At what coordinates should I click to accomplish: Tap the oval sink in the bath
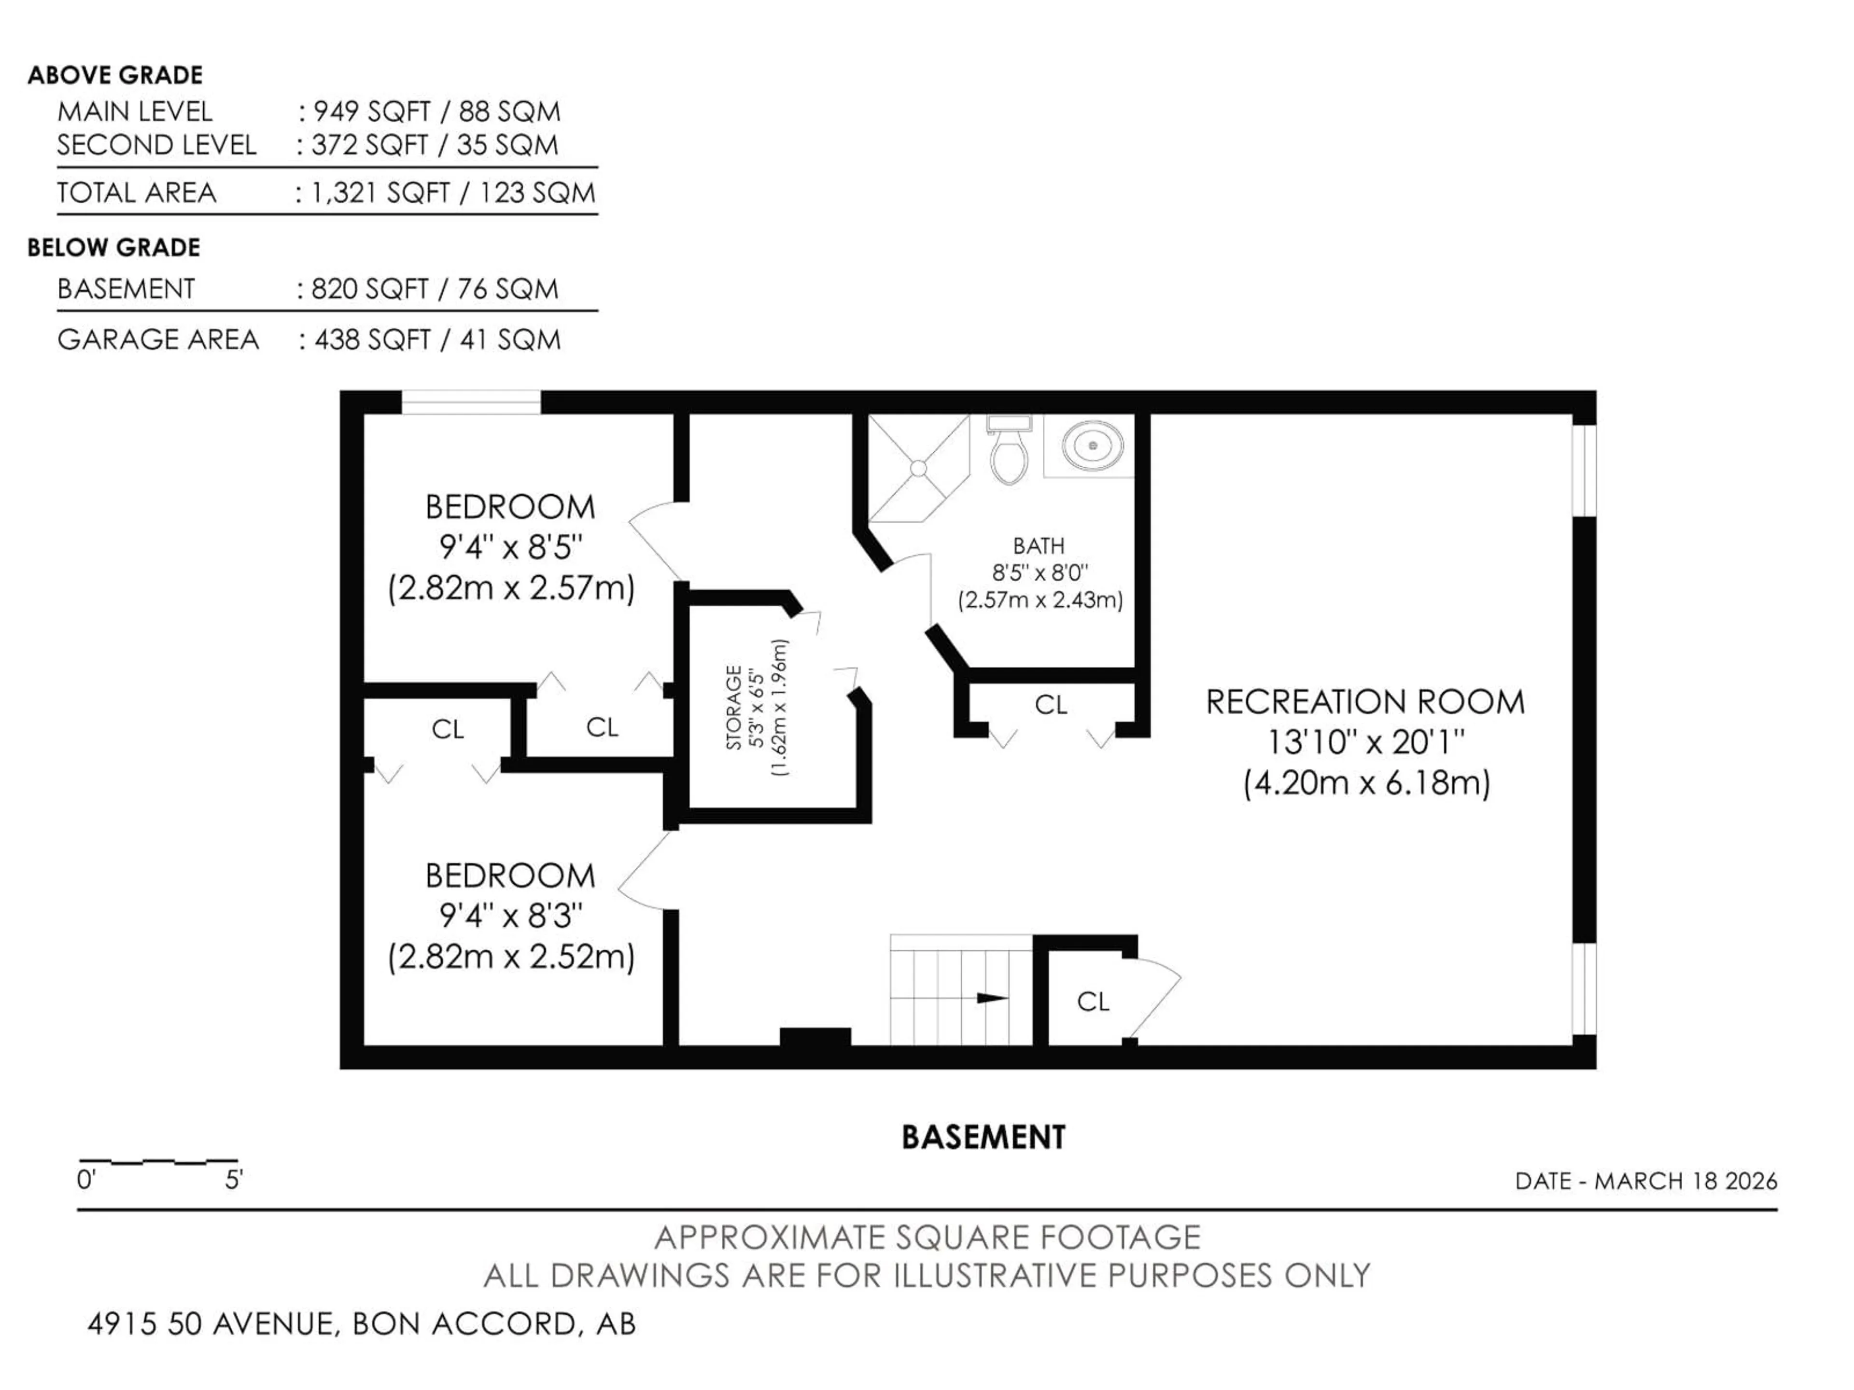pyautogui.click(x=1092, y=446)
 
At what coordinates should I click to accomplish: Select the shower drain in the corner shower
pyautogui.click(x=919, y=468)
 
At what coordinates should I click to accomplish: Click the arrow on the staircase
pyautogui.click(x=993, y=998)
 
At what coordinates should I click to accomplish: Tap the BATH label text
pyautogui.click(x=1039, y=546)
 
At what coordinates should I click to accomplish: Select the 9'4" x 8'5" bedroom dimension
pyautogui.click(x=510, y=548)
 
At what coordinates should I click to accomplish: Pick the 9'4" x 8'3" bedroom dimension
pyautogui.click(x=510, y=917)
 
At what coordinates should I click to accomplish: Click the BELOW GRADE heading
pyautogui.click(x=114, y=248)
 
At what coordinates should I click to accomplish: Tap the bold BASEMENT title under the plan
pyautogui.click(x=983, y=1138)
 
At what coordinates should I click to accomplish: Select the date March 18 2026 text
pyautogui.click(x=1646, y=1181)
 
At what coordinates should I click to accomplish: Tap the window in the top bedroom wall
pyautogui.click(x=471, y=402)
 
